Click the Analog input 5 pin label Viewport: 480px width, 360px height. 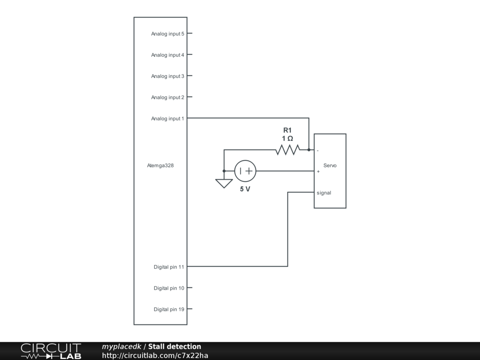point(167,34)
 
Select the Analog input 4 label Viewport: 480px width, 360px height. point(167,55)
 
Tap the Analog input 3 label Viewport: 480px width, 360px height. point(167,76)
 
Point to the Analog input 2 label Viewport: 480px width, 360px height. point(167,97)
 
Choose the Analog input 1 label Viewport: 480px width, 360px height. point(167,119)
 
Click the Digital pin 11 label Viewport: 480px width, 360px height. point(169,267)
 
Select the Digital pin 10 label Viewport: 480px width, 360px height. point(169,288)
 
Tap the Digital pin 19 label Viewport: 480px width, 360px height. point(169,309)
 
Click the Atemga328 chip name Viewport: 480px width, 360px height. point(160,165)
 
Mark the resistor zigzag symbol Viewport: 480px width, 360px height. point(287,150)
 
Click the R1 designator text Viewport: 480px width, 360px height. point(287,130)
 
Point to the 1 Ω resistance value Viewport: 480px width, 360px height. point(287,139)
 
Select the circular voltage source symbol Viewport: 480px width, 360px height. point(245,171)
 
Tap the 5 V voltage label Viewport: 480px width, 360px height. point(245,189)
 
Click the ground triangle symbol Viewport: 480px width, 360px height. point(224,183)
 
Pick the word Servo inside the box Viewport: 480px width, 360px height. point(330,165)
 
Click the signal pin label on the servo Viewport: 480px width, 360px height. point(324,193)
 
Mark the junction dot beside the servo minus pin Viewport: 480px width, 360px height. point(309,150)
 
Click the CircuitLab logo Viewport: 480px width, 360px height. point(51,351)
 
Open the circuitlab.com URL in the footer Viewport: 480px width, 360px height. point(155,355)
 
